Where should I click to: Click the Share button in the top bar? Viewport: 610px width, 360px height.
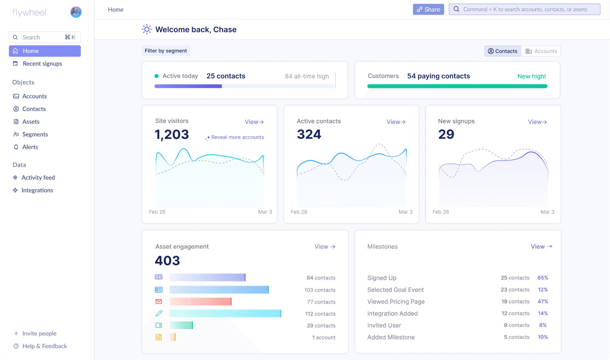click(x=428, y=10)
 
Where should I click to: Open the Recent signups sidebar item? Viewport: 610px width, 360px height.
click(x=42, y=63)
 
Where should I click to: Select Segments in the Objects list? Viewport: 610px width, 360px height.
click(x=35, y=134)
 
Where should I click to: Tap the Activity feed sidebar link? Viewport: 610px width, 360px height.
click(x=38, y=178)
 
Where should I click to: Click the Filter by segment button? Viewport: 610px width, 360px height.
click(x=166, y=51)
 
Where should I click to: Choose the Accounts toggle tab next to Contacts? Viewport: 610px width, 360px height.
click(x=541, y=51)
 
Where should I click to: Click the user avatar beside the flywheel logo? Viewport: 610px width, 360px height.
click(x=76, y=12)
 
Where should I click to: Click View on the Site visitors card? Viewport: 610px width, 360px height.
click(x=254, y=122)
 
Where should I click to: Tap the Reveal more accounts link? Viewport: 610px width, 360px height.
click(x=237, y=137)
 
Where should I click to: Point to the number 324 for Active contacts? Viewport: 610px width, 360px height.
click(x=309, y=134)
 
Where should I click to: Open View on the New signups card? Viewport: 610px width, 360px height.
click(x=537, y=122)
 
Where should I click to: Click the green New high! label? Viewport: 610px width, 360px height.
click(x=532, y=76)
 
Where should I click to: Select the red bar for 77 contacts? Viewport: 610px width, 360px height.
click(x=200, y=302)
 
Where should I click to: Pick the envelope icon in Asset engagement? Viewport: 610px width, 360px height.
click(x=159, y=302)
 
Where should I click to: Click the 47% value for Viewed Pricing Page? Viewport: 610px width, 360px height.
click(x=543, y=302)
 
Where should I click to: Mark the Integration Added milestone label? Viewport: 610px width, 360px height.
click(x=392, y=314)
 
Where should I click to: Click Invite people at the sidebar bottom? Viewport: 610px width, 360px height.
click(x=39, y=333)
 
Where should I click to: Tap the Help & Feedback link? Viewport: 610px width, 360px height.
click(x=44, y=346)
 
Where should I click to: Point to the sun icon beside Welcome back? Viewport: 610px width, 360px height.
click(x=147, y=30)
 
